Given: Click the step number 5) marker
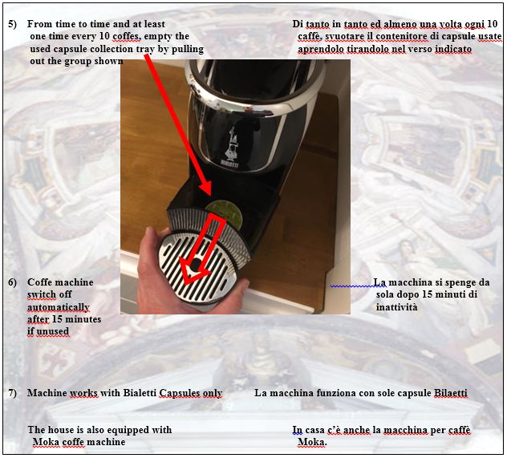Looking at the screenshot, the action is [12, 24].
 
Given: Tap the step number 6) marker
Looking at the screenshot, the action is [12, 282].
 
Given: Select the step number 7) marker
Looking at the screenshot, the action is [12, 393].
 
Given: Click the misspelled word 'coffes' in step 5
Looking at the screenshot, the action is [127, 37].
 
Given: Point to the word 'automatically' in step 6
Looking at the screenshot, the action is [59, 307].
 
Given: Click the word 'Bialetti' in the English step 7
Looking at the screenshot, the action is [140, 393].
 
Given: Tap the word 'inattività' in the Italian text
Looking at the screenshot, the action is [397, 306].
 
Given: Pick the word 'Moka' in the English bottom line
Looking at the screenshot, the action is [46, 442].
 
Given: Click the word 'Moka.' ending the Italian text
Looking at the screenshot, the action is [312, 442].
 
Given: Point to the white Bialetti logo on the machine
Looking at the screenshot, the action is [231, 147].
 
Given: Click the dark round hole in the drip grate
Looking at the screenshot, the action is [195, 265].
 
